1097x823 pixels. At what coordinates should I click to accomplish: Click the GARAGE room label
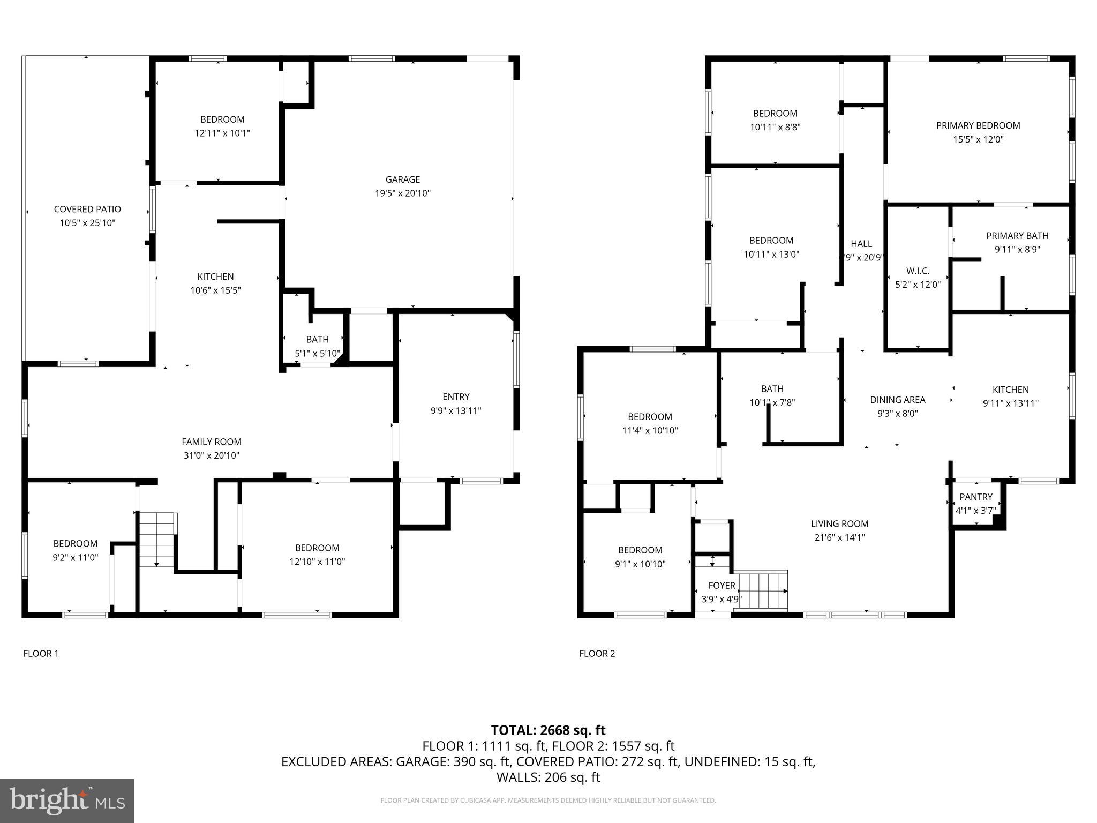point(402,179)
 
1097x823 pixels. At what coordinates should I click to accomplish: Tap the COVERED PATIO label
point(87,209)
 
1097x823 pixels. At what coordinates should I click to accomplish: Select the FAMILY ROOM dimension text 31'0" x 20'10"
point(211,455)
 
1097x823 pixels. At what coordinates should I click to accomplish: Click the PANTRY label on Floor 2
point(975,497)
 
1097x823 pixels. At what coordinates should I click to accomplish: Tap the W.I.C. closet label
point(918,271)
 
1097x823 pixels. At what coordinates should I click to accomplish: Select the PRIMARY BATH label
point(1017,236)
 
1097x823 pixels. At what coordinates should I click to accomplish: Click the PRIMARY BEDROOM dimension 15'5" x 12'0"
point(978,139)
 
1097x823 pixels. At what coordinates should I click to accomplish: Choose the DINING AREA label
point(897,400)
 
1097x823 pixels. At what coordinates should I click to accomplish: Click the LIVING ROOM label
point(839,523)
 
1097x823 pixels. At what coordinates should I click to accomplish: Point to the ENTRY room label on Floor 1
point(456,396)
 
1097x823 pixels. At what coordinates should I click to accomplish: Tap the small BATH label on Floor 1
point(317,339)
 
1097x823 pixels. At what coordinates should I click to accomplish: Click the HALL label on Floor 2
point(861,244)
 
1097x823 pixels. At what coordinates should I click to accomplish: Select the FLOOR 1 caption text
point(41,653)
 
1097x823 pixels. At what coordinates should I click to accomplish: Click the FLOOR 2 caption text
point(597,653)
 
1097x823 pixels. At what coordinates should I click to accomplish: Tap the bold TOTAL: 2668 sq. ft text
point(548,730)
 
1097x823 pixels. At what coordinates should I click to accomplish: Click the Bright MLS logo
point(67,800)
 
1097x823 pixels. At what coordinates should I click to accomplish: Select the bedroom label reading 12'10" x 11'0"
point(317,562)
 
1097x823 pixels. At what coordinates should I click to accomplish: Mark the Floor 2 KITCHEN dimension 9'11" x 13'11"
point(1010,403)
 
